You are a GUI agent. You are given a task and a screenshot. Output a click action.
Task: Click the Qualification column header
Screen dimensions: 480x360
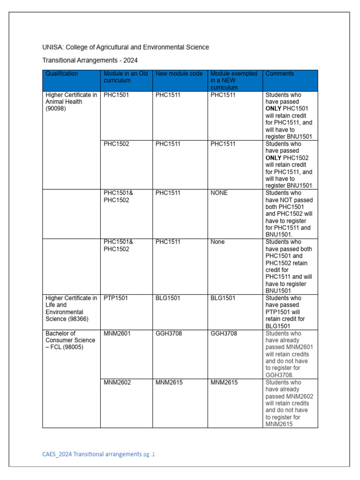pos(61,74)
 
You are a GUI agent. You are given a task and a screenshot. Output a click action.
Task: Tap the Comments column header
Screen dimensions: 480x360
pos(280,74)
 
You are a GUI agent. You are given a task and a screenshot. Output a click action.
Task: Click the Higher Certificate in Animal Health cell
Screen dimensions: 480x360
pos(71,102)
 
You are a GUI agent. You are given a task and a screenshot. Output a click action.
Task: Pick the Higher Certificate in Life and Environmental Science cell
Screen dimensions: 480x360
pos(71,308)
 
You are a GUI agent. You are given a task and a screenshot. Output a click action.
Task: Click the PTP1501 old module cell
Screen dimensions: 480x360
pos(115,298)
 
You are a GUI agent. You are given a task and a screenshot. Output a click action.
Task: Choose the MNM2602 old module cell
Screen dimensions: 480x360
pos(117,382)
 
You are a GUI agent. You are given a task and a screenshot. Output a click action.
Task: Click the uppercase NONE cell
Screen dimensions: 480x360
pos(219,193)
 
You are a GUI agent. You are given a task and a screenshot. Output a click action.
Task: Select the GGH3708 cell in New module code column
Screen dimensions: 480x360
pos(169,333)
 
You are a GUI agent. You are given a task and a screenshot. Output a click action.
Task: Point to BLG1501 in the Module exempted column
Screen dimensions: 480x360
pos(223,298)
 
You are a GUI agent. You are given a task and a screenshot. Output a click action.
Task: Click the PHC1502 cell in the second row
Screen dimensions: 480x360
pos(117,144)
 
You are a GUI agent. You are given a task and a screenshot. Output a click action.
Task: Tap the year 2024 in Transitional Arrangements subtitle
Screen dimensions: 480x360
pos(130,60)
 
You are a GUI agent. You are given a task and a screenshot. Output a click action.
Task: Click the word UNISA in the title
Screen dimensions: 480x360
pos(52,47)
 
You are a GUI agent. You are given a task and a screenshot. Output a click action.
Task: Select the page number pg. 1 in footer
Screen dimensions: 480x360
pos(149,454)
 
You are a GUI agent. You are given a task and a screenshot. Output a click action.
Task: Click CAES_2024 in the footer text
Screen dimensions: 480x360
pos(57,454)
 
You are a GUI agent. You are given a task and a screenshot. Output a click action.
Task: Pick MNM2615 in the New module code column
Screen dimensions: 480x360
pos(169,382)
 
